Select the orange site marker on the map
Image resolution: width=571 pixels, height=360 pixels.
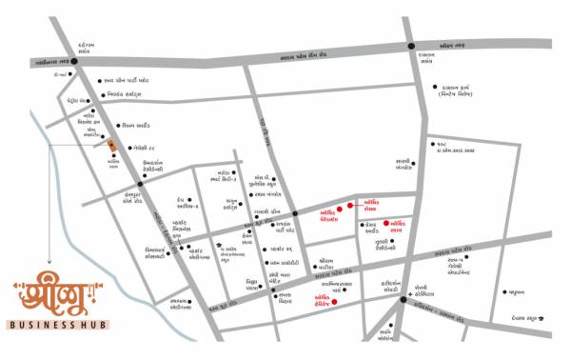coord(113,145)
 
